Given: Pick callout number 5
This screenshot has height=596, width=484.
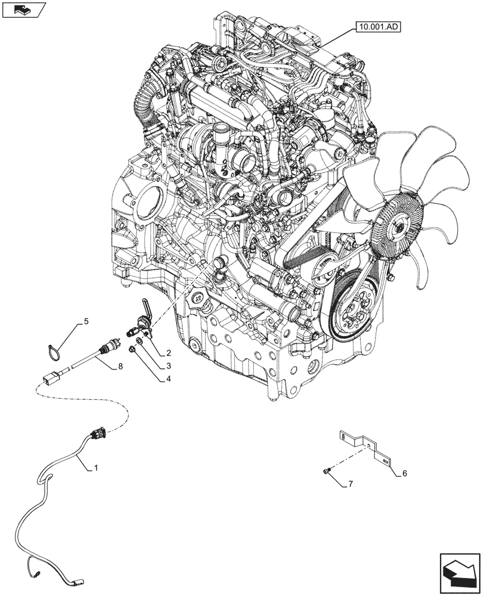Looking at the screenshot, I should click(x=86, y=322).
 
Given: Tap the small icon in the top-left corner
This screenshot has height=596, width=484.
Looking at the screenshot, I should click(x=24, y=9).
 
